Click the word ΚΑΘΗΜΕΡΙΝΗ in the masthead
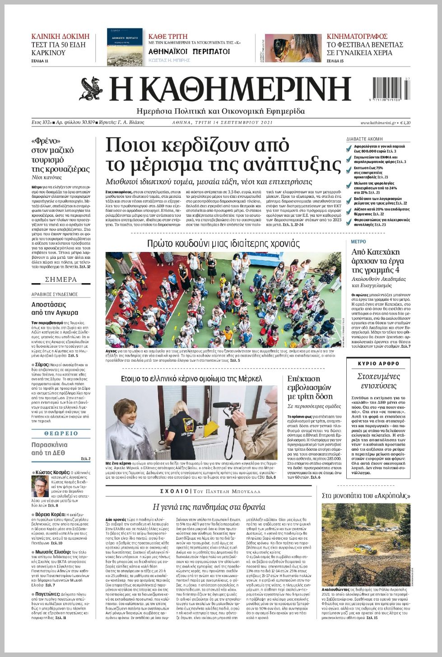pyautogui.click(x=230, y=89)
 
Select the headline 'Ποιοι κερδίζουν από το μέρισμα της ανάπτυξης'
pyautogui.click(x=223, y=154)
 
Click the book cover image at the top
pyautogui.click(x=125, y=47)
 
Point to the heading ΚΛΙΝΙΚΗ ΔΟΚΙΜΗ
pyautogui.click(x=60, y=36)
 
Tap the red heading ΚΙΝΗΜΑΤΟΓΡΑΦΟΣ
pyautogui.click(x=357, y=36)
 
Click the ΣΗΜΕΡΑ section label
pyautogui.click(x=61, y=280)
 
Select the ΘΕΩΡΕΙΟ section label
pyautogui.click(x=61, y=433)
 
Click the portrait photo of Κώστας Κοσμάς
pyautogui.click(x=40, y=486)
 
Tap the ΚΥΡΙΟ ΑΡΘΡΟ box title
pyautogui.click(x=378, y=363)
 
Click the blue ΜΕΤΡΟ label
pyautogui.click(x=358, y=242)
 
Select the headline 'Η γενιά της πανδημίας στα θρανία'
pyautogui.click(x=209, y=507)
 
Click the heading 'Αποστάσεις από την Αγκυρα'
pyautogui.click(x=55, y=308)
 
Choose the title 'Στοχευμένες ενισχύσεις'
pyautogui.click(x=378, y=381)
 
